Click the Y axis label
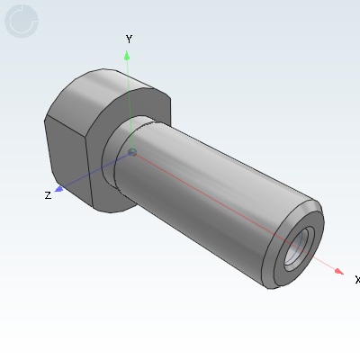pyautogui.click(x=129, y=39)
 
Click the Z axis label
pyautogui.click(x=48, y=195)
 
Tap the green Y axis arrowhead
pyautogui.click(x=127, y=56)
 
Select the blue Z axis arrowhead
pyautogui.click(x=59, y=189)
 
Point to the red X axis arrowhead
pyautogui.click(x=339, y=271)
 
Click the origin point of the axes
pyautogui.click(x=132, y=152)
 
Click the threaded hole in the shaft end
pyautogui.click(x=299, y=249)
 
